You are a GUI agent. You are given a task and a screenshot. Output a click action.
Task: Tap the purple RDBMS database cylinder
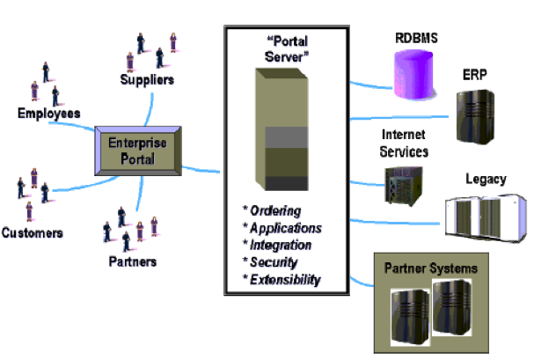point(416,67)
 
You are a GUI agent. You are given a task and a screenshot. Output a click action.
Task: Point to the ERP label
point(475,77)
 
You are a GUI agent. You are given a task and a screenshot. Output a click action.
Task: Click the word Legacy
point(486,180)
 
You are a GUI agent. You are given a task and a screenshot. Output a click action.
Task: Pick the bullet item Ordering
point(274,210)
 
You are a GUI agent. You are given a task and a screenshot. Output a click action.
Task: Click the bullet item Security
point(274,261)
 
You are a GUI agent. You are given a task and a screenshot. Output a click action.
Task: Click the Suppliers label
point(147,80)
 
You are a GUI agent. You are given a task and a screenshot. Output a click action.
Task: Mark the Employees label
point(49,113)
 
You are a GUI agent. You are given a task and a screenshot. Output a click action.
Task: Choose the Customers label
point(32,233)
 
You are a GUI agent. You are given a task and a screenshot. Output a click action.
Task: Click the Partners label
point(132,261)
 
